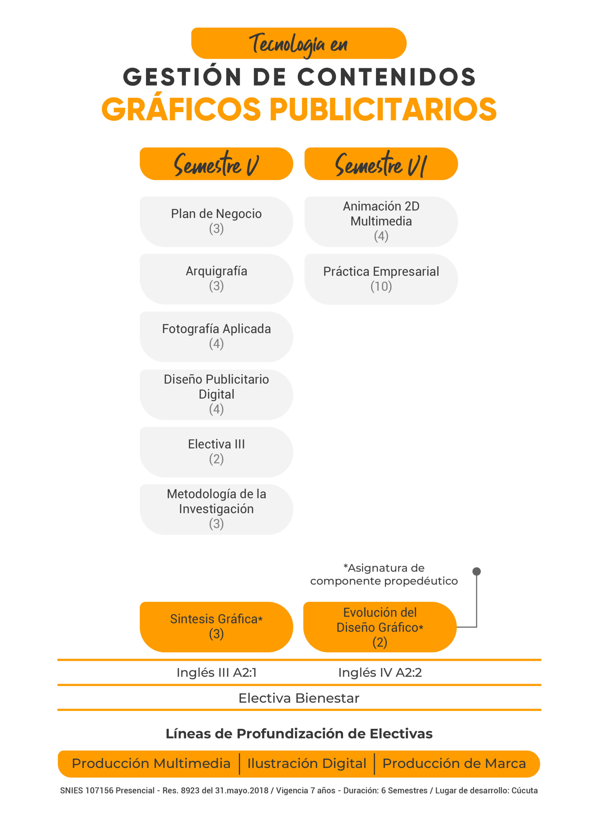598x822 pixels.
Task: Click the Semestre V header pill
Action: [x=216, y=164]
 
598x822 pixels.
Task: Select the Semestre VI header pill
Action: [x=381, y=164]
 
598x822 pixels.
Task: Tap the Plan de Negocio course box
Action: [x=216, y=222]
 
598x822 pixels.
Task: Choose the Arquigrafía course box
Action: [x=216, y=279]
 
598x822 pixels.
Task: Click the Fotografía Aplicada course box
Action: [x=216, y=337]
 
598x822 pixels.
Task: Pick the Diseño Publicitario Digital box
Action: [x=216, y=395]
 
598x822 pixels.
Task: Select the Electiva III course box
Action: [x=216, y=452]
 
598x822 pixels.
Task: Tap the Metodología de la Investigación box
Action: [x=216, y=510]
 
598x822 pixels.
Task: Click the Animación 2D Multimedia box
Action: [x=381, y=222]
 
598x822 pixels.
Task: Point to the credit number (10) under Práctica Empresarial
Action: [x=381, y=287]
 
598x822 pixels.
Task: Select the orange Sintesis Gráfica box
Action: [x=216, y=627]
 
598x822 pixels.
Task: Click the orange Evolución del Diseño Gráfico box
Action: [x=380, y=627]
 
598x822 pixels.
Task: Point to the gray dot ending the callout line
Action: [x=477, y=572]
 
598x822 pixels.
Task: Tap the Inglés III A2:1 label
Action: [x=216, y=673]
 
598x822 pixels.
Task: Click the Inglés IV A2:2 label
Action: [x=380, y=673]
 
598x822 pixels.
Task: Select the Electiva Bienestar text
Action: [x=299, y=698]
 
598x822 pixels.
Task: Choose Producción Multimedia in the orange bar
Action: [x=151, y=764]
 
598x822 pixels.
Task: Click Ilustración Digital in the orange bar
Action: [x=307, y=764]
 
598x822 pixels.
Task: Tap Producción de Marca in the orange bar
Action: [x=454, y=764]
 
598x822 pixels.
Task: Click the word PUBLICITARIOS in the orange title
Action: [x=383, y=109]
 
